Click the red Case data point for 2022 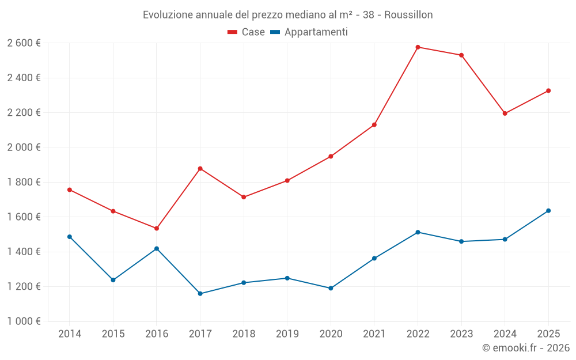pyautogui.click(x=418, y=47)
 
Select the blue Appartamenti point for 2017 pyautogui.click(x=200, y=294)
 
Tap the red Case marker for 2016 pyautogui.click(x=157, y=229)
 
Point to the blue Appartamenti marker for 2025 pyautogui.click(x=548, y=211)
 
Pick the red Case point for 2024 pyautogui.click(x=505, y=113)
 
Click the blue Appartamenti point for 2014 pyautogui.click(x=70, y=237)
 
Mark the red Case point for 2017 pyautogui.click(x=200, y=169)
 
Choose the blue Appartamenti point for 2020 pyautogui.click(x=331, y=288)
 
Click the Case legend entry pyautogui.click(x=247, y=32)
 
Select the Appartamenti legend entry pyautogui.click(x=309, y=32)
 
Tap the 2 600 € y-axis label pyautogui.click(x=24, y=43)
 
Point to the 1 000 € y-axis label pyautogui.click(x=24, y=321)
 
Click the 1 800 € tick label pyautogui.click(x=24, y=182)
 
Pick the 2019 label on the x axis pyautogui.click(x=287, y=334)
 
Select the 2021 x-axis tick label pyautogui.click(x=374, y=334)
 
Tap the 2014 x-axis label pyautogui.click(x=70, y=334)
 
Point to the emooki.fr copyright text pyautogui.click(x=525, y=348)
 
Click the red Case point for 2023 pyautogui.click(x=461, y=55)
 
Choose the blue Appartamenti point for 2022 pyautogui.click(x=418, y=232)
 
